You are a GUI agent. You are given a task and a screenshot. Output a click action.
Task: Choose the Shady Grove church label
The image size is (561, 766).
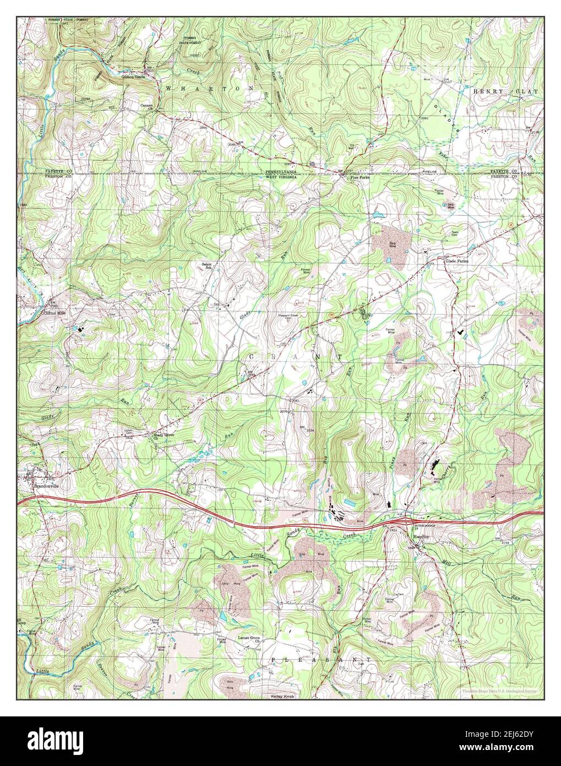click(163, 435)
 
